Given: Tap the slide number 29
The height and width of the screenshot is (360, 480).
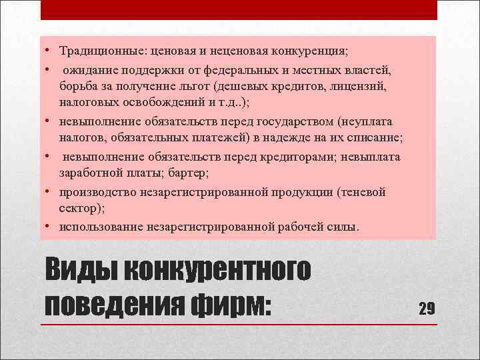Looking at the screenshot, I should pyautogui.click(x=427, y=308).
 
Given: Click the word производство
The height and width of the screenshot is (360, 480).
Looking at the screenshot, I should pyautogui.click(x=97, y=192).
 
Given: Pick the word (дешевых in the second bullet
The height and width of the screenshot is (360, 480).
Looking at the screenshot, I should pyautogui.click(x=240, y=87).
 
